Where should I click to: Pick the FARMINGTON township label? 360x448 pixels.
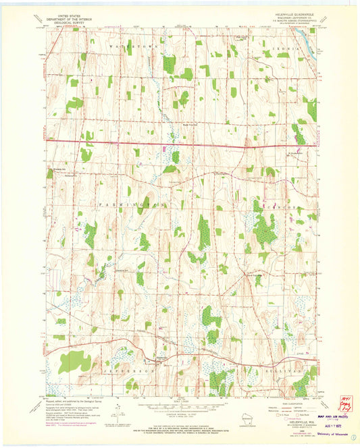point(122,203)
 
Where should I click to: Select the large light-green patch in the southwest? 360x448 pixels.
point(74,363)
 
